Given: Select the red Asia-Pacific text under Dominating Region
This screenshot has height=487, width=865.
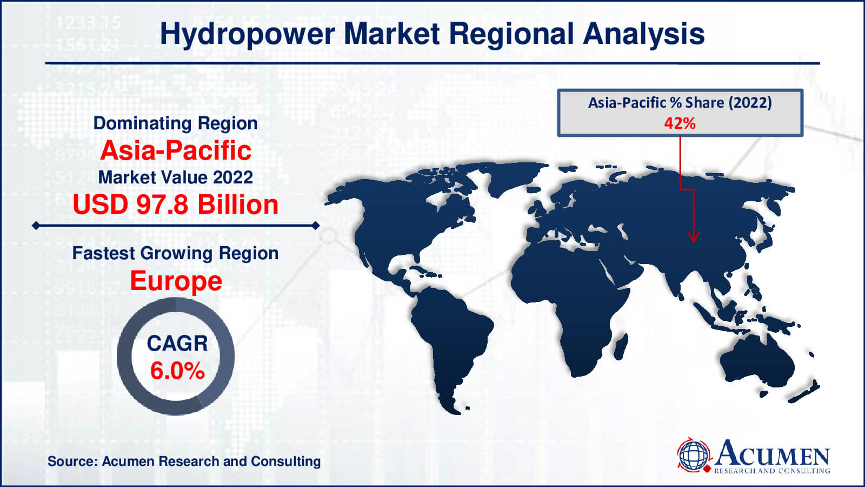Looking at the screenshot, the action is pyautogui.click(x=176, y=150).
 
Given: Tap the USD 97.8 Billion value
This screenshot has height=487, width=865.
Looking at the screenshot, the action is pyautogui.click(x=176, y=205).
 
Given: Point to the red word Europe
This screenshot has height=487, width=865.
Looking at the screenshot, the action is pyautogui.click(x=176, y=281).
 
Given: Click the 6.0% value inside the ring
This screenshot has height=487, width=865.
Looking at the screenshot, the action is pyautogui.click(x=177, y=371).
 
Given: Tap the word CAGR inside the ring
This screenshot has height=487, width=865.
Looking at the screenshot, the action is pyautogui.click(x=177, y=343).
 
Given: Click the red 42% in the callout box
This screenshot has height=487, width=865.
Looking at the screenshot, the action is pyautogui.click(x=680, y=123).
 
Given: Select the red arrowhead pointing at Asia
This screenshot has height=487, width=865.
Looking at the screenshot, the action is pyautogui.click(x=694, y=237).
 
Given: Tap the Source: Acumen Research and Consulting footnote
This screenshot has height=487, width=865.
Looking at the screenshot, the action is pyautogui.click(x=184, y=461).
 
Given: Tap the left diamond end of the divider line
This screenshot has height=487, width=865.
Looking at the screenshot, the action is pyautogui.click(x=36, y=225).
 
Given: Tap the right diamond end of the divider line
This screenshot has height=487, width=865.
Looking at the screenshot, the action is pyautogui.click(x=316, y=225).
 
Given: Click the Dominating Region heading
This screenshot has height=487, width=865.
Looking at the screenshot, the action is pyautogui.click(x=175, y=123).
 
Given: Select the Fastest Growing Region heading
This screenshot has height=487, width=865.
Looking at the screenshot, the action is pyautogui.click(x=175, y=254).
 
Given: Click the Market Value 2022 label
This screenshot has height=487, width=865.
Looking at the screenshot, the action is pyautogui.click(x=176, y=177).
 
